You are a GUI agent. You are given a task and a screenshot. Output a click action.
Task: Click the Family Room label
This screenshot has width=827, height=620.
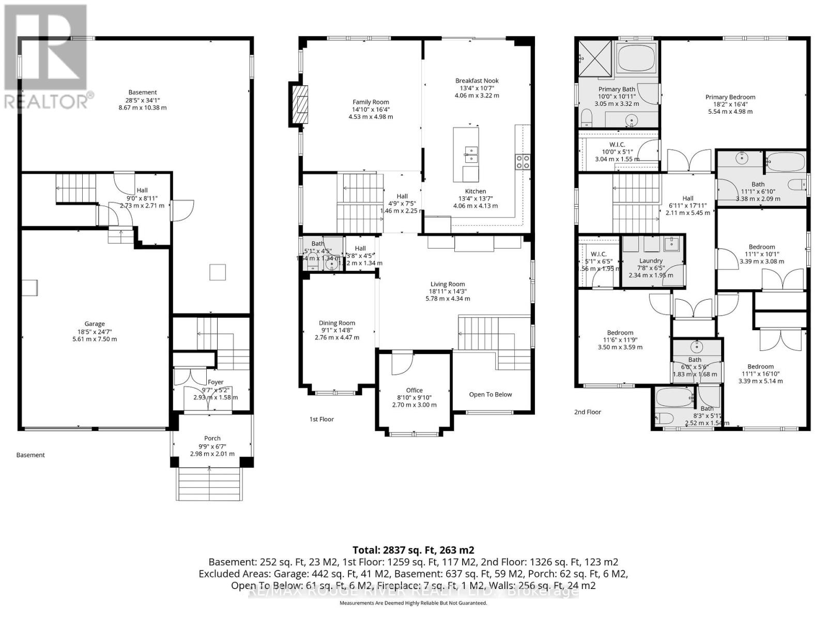click(371, 102)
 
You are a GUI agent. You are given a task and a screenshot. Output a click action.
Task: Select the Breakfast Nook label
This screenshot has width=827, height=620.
click(477, 81)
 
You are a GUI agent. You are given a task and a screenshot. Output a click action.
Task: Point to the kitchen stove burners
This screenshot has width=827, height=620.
click(522, 162)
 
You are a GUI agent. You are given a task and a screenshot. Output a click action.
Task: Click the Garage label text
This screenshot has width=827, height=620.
click(95, 324)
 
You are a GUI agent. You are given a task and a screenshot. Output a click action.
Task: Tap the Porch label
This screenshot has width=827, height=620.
click(212, 438)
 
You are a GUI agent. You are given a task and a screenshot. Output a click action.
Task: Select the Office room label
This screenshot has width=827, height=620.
click(414, 390)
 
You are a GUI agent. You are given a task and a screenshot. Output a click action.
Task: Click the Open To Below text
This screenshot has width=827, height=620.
click(490, 394)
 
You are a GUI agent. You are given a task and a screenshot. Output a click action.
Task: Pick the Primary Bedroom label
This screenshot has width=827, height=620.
click(730, 97)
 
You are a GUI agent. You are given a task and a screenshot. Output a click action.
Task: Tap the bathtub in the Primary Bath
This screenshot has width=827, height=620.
click(636, 58)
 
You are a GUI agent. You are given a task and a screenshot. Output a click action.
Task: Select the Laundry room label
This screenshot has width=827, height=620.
click(650, 260)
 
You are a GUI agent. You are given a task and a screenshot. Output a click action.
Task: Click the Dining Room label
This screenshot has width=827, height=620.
click(336, 323)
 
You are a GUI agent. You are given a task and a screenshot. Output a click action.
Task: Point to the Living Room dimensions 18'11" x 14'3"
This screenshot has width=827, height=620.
click(448, 291)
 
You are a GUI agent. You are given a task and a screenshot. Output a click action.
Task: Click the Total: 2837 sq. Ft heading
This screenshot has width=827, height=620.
click(413, 550)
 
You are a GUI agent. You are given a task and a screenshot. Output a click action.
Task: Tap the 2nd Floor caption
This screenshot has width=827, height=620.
click(588, 412)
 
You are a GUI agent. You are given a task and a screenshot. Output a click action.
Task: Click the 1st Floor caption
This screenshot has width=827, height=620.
click(321, 419)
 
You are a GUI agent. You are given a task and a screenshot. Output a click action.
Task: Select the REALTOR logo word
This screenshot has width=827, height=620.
click(47, 101)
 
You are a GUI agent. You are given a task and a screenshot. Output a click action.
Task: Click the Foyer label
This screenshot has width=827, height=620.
click(216, 382)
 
